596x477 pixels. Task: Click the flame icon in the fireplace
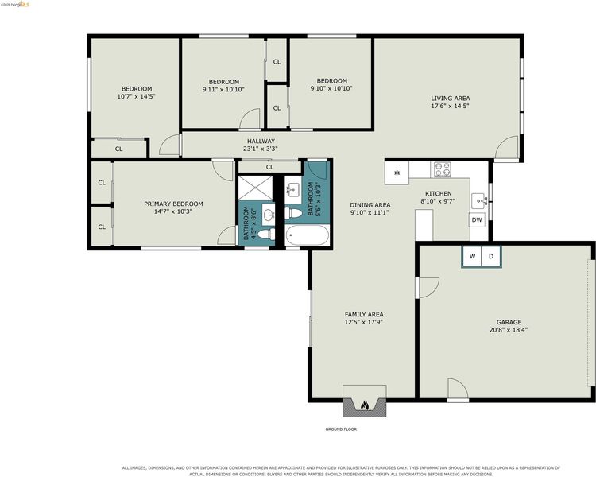pyautogui.click(x=365, y=405)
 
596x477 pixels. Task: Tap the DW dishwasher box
pyautogui.click(x=477, y=220)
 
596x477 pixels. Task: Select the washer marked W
pyautogui.click(x=473, y=256)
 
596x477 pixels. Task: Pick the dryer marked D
pyautogui.click(x=491, y=256)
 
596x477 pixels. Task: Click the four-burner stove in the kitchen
pyautogui.click(x=443, y=169)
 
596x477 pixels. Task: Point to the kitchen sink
pyautogui.click(x=479, y=201)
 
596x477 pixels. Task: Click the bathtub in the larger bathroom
pyautogui.click(x=307, y=235)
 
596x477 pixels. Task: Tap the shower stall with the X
pyautogui.click(x=255, y=188)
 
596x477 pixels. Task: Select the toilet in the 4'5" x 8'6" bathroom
pyautogui.click(x=266, y=234)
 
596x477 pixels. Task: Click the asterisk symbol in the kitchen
pyautogui.click(x=397, y=173)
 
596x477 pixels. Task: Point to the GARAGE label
pyautogui.click(x=509, y=322)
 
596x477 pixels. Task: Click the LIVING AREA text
pyautogui.click(x=451, y=98)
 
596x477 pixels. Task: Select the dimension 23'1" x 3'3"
pyautogui.click(x=261, y=149)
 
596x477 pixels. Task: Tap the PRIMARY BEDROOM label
pyautogui.click(x=173, y=204)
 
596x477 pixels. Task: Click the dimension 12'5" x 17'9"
pyautogui.click(x=364, y=322)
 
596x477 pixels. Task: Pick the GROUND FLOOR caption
pyautogui.click(x=341, y=429)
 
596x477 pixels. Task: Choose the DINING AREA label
pyautogui.click(x=370, y=205)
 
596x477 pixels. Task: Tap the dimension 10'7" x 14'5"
pyautogui.click(x=137, y=97)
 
